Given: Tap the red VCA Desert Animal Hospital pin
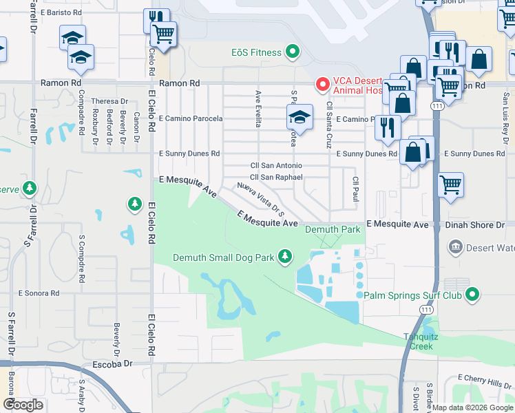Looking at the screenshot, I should point(322,84).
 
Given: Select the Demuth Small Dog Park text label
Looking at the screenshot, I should point(223,257).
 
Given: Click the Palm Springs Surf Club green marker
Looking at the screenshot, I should point(472,295).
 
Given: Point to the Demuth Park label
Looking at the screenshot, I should point(333,229).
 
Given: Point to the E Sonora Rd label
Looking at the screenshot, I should point(40,293).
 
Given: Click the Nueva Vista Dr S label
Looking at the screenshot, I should point(261,196).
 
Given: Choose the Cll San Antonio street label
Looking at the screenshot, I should point(275,165).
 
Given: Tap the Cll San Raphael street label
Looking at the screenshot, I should point(276,177).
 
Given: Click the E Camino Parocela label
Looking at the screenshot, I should point(191,118).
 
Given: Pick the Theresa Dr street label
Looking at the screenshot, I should point(109,101).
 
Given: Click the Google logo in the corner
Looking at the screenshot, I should point(23,404).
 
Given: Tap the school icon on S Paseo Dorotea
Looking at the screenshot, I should point(300,117).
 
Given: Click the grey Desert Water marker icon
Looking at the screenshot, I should point(455,246).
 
